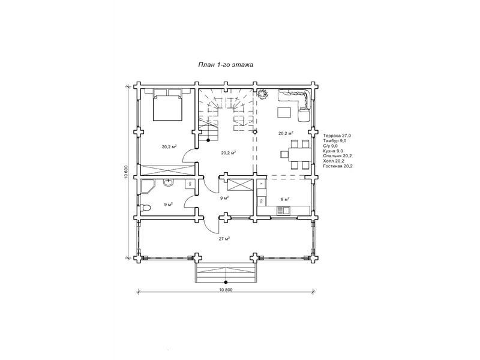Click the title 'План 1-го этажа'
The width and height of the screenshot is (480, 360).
point(226,65)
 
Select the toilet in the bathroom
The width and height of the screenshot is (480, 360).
point(145,208)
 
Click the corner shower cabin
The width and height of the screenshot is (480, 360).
point(148,187)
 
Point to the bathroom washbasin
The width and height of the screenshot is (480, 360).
point(168,183)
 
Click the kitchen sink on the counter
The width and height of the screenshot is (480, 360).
point(283,211)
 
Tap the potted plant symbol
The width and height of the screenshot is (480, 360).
point(262,94)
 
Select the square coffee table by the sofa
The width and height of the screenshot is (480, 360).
point(284,112)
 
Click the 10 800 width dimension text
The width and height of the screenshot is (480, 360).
point(226,290)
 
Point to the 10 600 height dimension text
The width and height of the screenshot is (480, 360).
point(126,172)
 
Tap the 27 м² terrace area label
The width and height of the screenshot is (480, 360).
point(224,238)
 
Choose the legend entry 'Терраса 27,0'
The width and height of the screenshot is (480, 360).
point(337,136)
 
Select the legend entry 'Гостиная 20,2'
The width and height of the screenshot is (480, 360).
point(338,166)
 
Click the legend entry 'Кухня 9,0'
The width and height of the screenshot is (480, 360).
point(333,151)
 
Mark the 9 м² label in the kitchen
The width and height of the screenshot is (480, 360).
point(285,199)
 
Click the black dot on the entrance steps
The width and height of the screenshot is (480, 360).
point(226,282)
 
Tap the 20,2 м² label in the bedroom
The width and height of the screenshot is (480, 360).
point(169,146)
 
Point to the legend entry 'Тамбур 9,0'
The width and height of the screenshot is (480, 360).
point(335,141)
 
